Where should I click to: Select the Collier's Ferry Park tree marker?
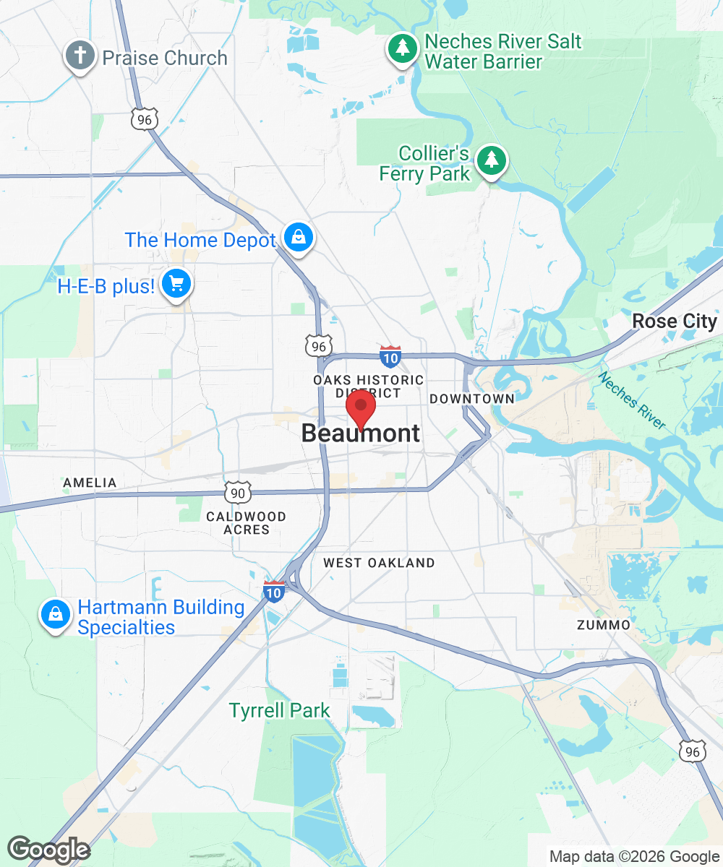coord(492,159)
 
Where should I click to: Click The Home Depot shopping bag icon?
coord(297,238)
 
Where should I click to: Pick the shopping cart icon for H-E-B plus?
coord(176,284)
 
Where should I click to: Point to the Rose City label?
coord(674,322)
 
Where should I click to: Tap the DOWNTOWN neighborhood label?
coord(471,399)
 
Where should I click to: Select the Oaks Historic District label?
coord(368,387)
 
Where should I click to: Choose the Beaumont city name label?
coord(360,433)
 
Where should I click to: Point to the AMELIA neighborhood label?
coord(90,483)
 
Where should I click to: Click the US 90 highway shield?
coord(238,493)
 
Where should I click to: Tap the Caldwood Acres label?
coord(246,523)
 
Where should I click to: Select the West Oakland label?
coord(379,563)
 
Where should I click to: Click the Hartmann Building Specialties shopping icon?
coord(54,615)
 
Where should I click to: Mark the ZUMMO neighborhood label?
coord(604,624)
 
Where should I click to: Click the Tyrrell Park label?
coord(280,711)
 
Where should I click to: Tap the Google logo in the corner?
coord(48,850)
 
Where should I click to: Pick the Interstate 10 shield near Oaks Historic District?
coord(390,355)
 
